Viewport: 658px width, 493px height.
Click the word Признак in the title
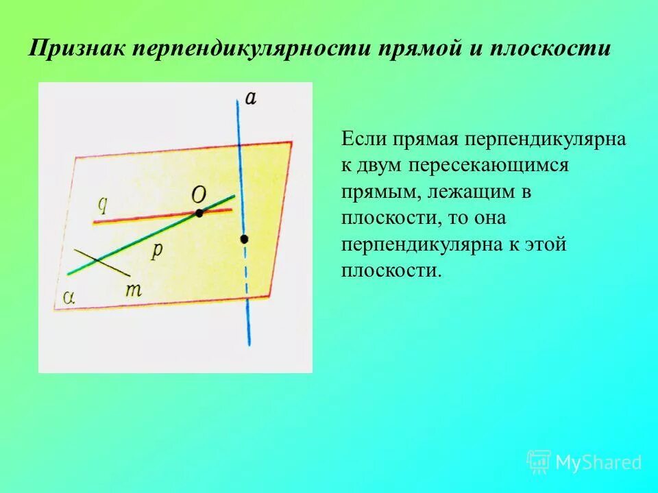click(x=76, y=49)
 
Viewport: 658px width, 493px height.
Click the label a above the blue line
click(x=251, y=98)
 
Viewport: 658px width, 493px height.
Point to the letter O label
click(x=198, y=195)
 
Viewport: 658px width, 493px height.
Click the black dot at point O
click(x=199, y=214)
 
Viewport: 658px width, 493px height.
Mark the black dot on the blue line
click(x=243, y=239)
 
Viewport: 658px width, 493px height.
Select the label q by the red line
click(x=103, y=204)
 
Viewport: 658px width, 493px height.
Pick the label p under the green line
click(x=157, y=251)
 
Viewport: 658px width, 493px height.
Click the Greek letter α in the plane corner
click(x=68, y=296)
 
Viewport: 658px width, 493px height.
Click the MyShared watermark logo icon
click(x=538, y=462)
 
